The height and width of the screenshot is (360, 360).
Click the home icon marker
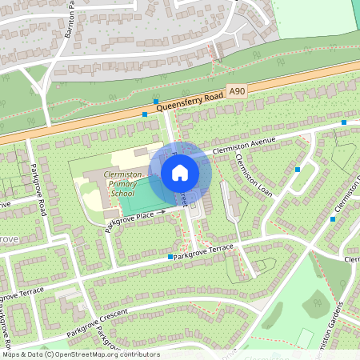[x=180, y=171]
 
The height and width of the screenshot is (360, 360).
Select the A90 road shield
[x=235, y=92]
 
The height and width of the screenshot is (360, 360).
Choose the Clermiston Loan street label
[x=254, y=176]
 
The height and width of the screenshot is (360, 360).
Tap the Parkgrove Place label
[x=133, y=218]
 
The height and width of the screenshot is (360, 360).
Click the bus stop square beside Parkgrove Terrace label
[x=170, y=257]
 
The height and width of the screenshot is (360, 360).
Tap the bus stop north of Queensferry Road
[x=156, y=101]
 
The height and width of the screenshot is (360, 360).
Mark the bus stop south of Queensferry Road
[x=145, y=114]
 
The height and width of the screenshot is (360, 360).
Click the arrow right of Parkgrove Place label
[x=162, y=212]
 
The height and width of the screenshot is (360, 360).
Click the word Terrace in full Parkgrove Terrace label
[x=220, y=249]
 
